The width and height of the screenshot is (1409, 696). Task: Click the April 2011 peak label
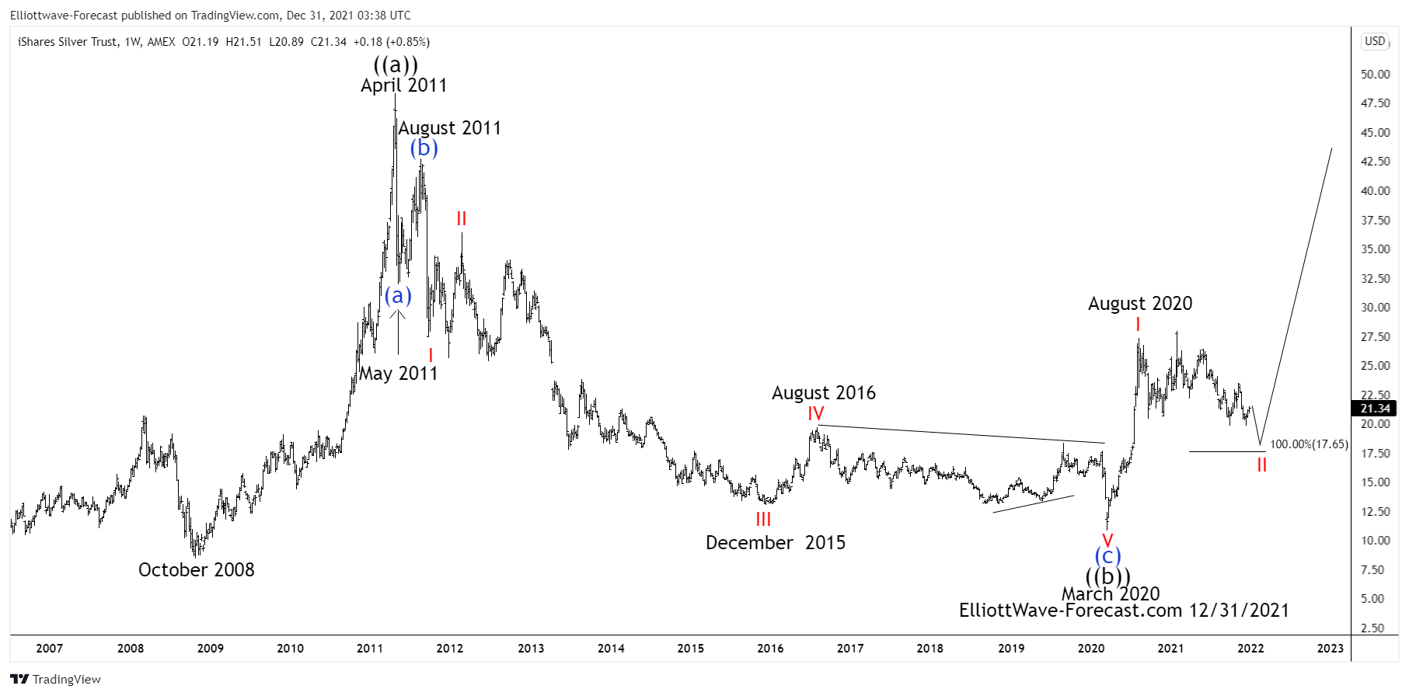403,85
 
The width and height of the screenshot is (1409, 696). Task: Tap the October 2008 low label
196,570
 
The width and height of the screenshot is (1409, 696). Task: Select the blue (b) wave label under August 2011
424,148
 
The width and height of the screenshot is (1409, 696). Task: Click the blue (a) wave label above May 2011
398,295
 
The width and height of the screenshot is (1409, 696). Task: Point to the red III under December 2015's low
763,520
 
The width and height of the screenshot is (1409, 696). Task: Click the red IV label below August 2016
815,413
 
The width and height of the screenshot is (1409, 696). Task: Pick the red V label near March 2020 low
1107,540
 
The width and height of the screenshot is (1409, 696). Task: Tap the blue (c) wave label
1107,555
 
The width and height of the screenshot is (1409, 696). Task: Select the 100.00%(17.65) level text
1309,444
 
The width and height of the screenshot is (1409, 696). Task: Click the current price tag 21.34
1375,409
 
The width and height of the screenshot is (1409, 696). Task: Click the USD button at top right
1375,41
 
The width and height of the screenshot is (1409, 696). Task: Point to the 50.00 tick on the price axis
1375,75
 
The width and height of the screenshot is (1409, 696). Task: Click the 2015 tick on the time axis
690,649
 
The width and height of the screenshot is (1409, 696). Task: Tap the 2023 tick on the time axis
1330,649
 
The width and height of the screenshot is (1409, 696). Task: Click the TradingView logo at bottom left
56,680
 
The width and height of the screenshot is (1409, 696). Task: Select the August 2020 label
1139,304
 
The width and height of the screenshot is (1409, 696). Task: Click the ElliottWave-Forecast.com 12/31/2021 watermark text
1124,611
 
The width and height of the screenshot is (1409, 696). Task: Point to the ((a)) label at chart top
396,64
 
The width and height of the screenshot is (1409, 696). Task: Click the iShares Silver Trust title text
68,42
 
